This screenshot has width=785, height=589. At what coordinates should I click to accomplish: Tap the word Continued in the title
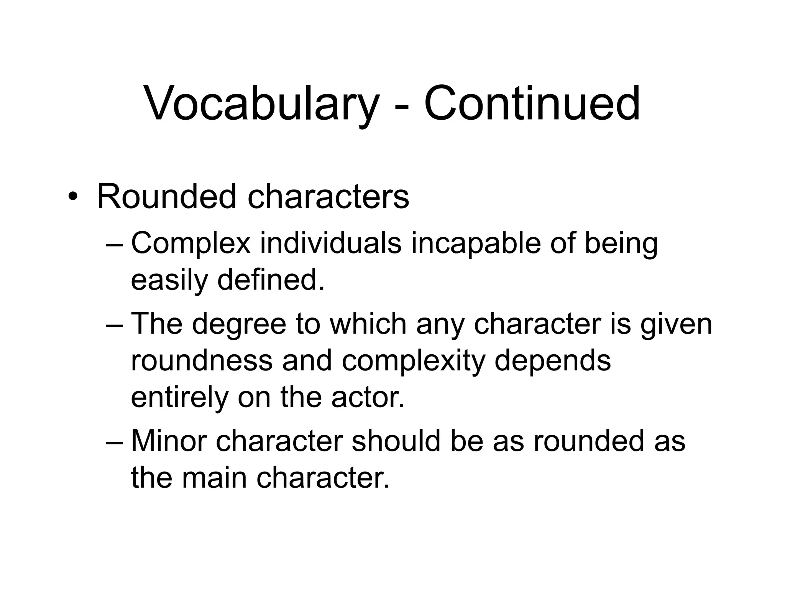(532, 104)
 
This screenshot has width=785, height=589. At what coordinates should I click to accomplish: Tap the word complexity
(413, 361)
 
